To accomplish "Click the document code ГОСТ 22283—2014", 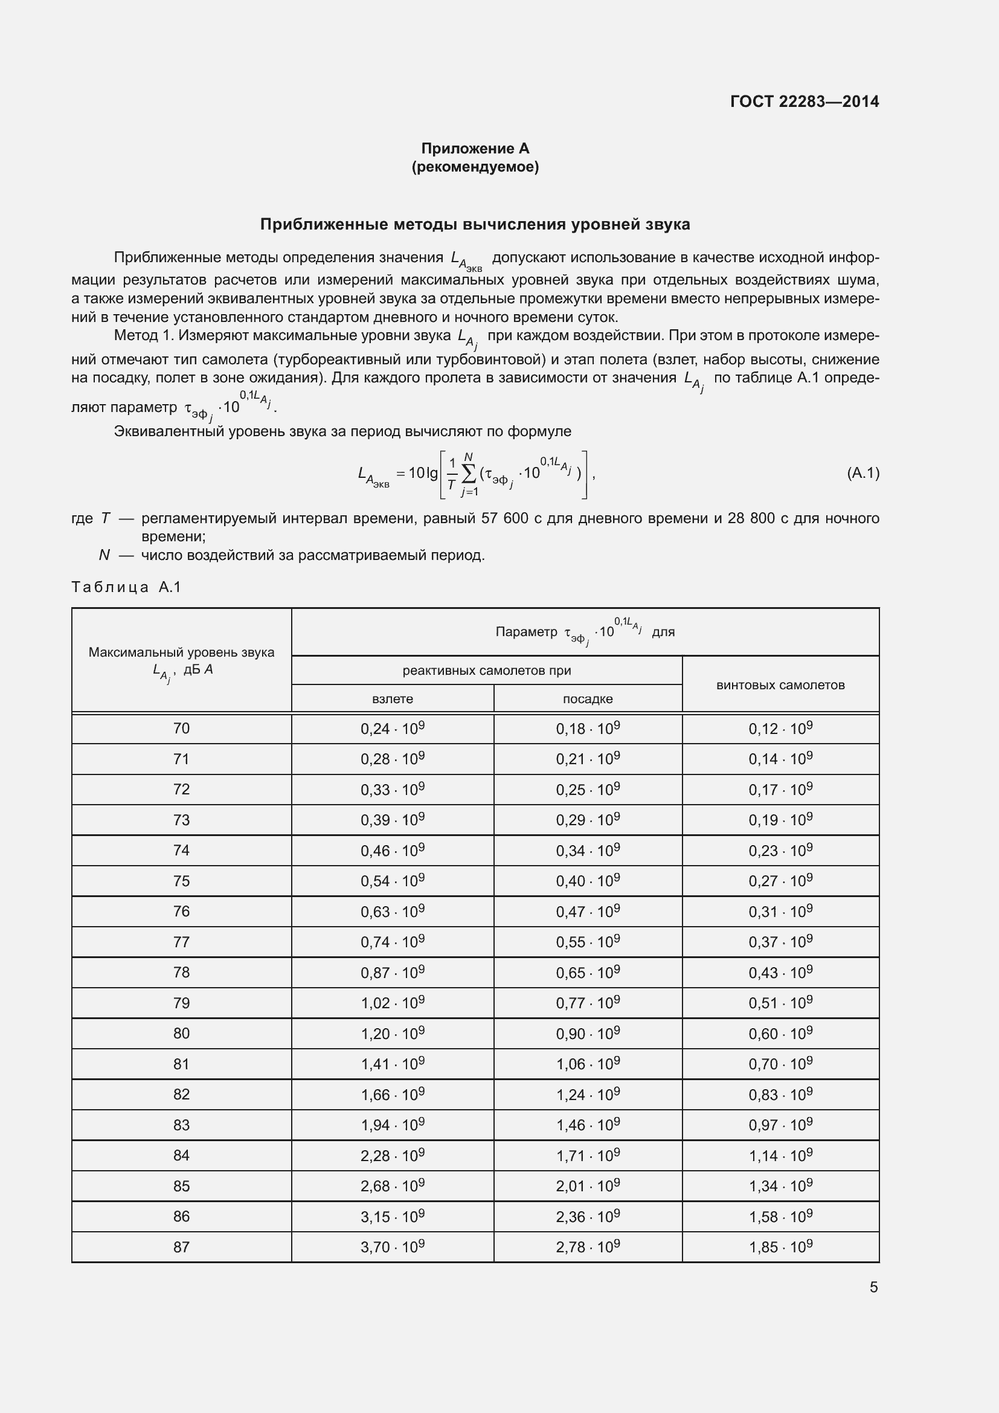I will click(x=804, y=101).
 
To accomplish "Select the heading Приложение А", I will click(x=475, y=149).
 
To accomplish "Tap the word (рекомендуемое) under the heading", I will click(x=475, y=167).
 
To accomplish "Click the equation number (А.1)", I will click(x=862, y=472).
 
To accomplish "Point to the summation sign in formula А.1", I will click(x=468, y=473).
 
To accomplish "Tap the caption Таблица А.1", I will click(x=126, y=587).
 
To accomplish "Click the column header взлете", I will click(x=393, y=698).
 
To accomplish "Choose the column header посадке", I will click(x=588, y=698).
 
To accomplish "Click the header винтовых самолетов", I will click(x=780, y=685).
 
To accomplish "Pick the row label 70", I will click(x=181, y=729).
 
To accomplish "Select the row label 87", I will click(x=181, y=1247).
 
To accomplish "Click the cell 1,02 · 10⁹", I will click(x=393, y=1003).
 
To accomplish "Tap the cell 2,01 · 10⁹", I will click(x=588, y=1186).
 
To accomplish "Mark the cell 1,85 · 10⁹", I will click(x=780, y=1247).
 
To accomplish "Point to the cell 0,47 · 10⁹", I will click(x=588, y=912).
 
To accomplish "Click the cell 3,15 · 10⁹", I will click(x=393, y=1217).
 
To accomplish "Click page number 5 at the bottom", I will click(x=873, y=1287).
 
